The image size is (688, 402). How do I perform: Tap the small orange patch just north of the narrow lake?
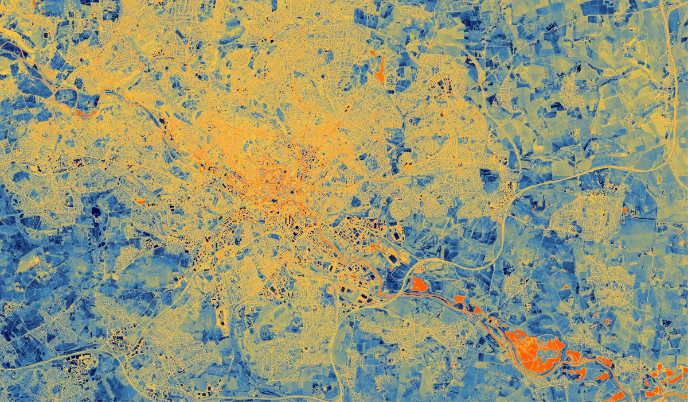[x=372, y=53]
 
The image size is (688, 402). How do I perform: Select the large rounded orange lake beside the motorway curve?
[x=419, y=284]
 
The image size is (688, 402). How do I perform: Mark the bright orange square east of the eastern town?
[x=624, y=211]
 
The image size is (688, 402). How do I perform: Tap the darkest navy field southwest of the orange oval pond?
[x=95, y=209]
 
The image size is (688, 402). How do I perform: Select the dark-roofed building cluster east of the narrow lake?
[x=445, y=86]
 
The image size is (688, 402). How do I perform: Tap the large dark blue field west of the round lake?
[x=396, y=281]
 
